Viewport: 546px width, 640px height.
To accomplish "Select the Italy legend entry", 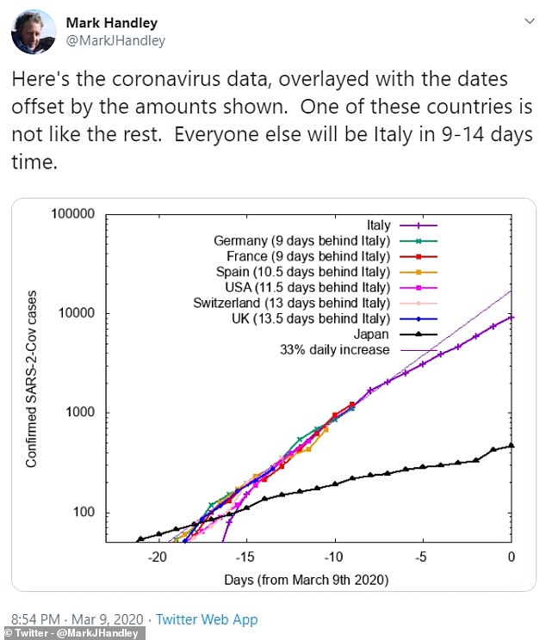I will coord(373,225).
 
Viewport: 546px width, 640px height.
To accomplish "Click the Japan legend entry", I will coord(373,335).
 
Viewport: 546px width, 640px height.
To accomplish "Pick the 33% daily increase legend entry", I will coord(335,349).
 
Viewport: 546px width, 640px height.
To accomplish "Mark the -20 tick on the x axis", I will coord(158,557).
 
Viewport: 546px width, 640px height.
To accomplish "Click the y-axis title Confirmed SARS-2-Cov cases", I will coord(31,378).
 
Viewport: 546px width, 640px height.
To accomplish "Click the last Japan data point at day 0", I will coord(512,446).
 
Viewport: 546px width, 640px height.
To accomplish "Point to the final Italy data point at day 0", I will coord(512,317).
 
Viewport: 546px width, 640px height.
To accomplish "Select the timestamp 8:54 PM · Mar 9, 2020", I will coord(71,619).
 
